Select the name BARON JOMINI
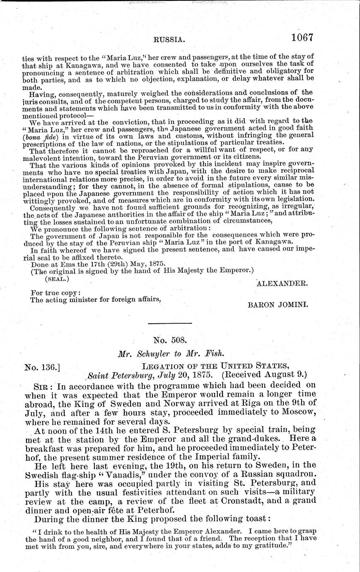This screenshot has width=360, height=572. pyautogui.click(x=277, y=304)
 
